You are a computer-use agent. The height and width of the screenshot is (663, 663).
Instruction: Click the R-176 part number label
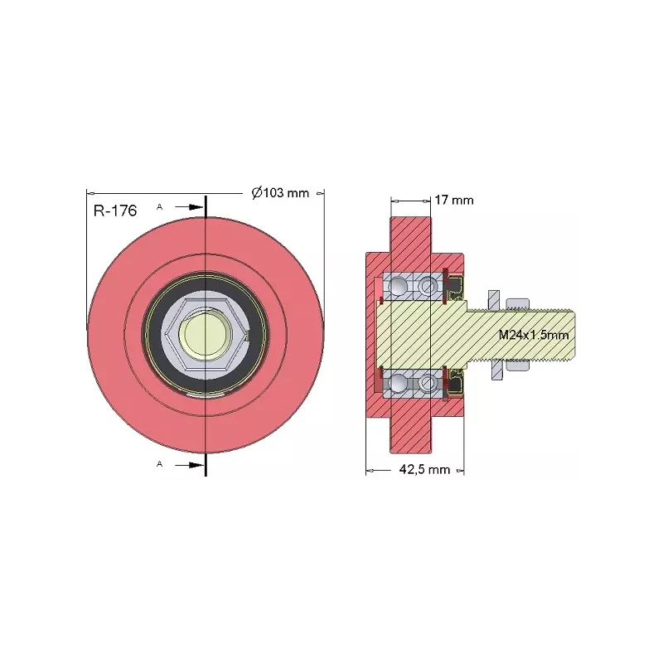pos(115,211)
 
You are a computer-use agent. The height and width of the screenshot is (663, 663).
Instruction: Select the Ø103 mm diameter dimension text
pos(280,193)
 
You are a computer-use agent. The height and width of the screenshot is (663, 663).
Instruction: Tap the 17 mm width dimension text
pos(454,200)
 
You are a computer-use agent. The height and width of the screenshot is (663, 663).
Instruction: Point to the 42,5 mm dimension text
pos(424,469)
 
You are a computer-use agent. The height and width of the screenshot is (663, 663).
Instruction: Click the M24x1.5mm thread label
pos(534,335)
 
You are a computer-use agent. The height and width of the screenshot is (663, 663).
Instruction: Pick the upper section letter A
pos(159,206)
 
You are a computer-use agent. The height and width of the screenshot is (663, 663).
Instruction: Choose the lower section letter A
pos(159,464)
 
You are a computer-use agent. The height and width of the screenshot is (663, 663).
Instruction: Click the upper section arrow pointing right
pos(190,207)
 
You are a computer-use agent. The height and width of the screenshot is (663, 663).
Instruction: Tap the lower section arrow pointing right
pos(190,465)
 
